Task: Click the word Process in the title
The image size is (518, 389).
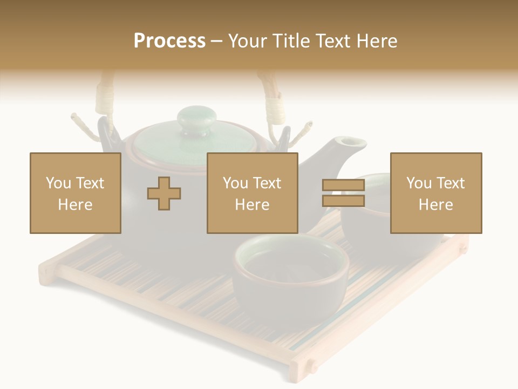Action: [x=169, y=41]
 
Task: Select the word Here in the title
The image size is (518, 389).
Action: [x=377, y=41]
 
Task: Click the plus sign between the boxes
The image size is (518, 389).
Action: [x=164, y=193]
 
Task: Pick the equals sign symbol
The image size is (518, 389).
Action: [x=343, y=193]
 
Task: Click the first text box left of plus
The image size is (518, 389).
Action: [x=76, y=193]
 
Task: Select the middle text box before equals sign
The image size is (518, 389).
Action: [x=252, y=193]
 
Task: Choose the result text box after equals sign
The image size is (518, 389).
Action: [x=435, y=193]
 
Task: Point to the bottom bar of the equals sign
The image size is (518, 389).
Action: [x=343, y=201]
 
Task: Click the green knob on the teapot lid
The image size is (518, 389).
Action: [x=197, y=120]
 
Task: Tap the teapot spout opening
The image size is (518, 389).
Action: [x=352, y=142]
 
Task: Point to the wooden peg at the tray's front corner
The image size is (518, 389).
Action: [x=311, y=367]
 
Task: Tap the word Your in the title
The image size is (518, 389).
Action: [x=249, y=41]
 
